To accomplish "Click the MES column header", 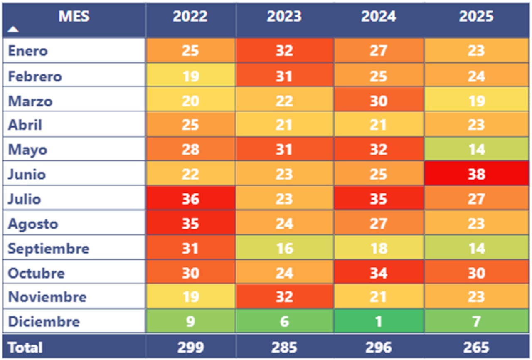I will [74, 17].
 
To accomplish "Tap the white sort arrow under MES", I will [14, 29].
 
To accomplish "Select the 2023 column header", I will [284, 17].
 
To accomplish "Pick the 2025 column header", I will [476, 17].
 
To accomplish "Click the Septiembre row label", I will [49, 249].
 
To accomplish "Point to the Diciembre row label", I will [44, 321].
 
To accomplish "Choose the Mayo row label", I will [27, 150].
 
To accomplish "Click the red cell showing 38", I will [476, 174].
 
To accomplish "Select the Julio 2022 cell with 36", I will [190, 199].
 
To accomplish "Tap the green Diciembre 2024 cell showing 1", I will [378, 321].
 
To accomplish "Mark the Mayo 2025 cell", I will [476, 149].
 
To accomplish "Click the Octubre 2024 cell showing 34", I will [378, 273].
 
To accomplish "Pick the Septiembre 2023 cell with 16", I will [284, 249].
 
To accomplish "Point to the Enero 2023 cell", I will [284, 51].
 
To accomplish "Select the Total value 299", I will [190, 347].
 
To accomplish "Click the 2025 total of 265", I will [476, 347].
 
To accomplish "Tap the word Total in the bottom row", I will [25, 347].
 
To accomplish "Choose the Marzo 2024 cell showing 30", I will [378, 101].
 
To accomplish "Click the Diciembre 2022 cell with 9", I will [190, 321].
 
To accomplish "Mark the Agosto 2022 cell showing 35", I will [190, 224].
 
